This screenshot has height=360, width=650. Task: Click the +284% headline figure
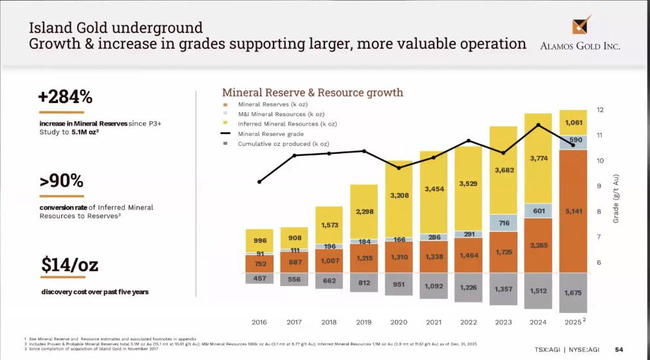pos(65,97)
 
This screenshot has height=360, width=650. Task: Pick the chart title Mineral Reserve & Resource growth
pos(312,93)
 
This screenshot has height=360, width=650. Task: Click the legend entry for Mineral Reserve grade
pos(271,133)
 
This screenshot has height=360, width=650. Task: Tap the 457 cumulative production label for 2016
pos(259,278)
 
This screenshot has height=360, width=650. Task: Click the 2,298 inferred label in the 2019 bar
pos(364,211)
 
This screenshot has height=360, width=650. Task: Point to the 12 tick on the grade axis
pos(600,110)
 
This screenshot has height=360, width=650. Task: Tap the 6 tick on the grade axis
pos(600,262)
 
